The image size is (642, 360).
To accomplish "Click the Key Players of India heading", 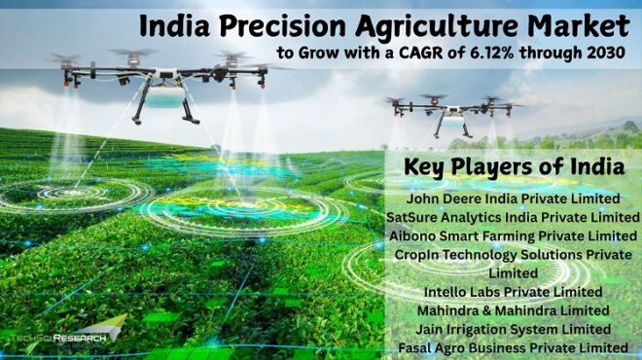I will click(515, 164).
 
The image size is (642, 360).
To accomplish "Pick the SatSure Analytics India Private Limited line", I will click(513, 217).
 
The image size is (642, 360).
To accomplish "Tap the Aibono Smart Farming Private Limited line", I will click(513, 235).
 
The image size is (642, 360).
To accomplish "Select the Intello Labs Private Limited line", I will click(513, 292).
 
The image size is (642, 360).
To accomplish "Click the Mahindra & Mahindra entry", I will click(513, 310).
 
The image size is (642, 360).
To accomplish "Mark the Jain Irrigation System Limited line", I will click(513, 329).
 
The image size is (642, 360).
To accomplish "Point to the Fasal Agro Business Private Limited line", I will click(513, 347).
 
